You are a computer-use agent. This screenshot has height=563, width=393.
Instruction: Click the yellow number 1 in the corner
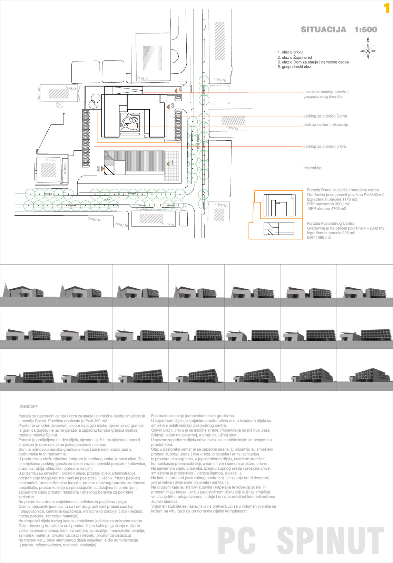coord(386,8)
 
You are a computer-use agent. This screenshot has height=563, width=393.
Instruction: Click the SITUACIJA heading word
coord(324,30)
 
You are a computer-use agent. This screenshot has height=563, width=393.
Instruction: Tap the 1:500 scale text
coord(365,30)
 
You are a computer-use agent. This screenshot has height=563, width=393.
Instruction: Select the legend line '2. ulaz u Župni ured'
coord(295,57)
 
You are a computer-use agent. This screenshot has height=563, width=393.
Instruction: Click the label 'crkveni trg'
coord(312,168)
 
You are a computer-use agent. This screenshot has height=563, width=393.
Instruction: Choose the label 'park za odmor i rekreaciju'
coord(326,124)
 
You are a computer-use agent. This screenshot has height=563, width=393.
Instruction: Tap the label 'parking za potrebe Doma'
coord(325,116)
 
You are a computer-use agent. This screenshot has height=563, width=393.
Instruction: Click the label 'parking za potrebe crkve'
coord(324,147)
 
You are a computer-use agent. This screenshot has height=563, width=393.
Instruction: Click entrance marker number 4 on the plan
coord(180,90)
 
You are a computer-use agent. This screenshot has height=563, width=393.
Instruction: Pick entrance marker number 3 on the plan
coord(172,106)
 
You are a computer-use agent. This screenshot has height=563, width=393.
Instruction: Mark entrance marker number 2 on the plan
coord(99,169)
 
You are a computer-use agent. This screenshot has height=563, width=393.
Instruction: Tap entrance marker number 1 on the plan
coord(171,163)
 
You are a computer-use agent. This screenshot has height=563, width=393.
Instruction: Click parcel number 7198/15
coord(219,80)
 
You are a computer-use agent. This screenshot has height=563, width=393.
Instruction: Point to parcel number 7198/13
coord(232,128)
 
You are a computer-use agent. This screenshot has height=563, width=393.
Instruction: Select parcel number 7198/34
coord(94,220)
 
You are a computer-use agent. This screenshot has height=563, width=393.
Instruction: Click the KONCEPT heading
coord(29,407)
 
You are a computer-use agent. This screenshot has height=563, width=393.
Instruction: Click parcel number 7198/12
coord(221,205)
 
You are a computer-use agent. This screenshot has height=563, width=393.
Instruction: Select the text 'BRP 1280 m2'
coord(318,238)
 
